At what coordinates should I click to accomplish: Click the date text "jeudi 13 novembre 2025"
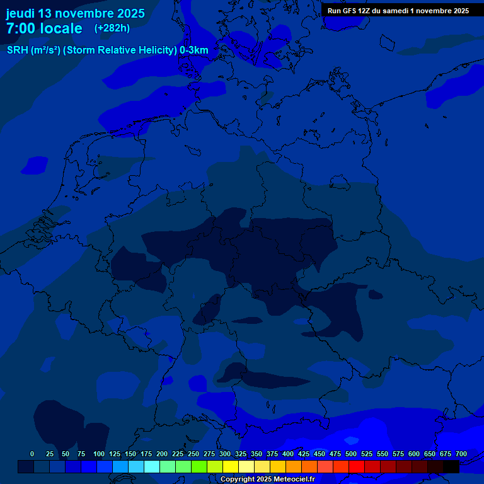pyautogui.click(x=75, y=13)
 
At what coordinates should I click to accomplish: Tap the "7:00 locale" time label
pyautogui.click(x=44, y=28)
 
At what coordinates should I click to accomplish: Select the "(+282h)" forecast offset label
pyautogui.click(x=112, y=28)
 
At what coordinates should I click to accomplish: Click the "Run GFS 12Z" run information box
pyautogui.click(x=398, y=11)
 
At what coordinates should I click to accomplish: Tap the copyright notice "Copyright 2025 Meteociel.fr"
pyautogui.click(x=267, y=480)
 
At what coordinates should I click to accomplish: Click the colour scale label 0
pyautogui.click(x=32, y=454)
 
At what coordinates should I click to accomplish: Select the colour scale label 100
pyautogui.click(x=99, y=454)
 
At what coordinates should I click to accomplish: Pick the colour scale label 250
pyautogui.click(x=193, y=454)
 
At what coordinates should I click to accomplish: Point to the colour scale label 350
pyautogui.click(x=256, y=454)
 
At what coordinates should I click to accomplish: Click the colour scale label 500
pyautogui.click(x=351, y=454)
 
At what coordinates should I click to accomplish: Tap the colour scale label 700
pyautogui.click(x=461, y=454)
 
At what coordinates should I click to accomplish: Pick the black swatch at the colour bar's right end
pyautogui.click(x=451, y=466)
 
